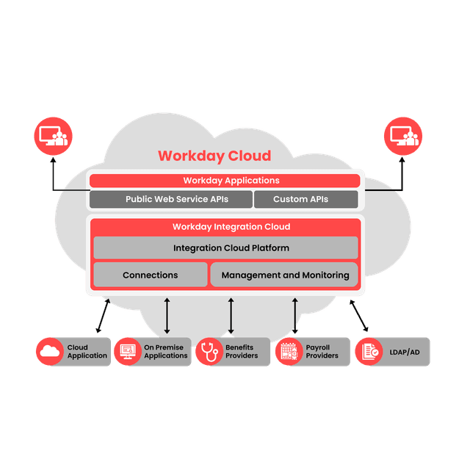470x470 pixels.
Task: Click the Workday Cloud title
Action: (x=214, y=156)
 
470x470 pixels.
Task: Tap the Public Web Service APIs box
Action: (x=170, y=199)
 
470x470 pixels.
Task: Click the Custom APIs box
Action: (x=305, y=199)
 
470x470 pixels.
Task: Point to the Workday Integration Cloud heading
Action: (x=231, y=227)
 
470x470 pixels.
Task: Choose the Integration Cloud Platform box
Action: (x=225, y=248)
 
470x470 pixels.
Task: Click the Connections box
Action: (x=150, y=275)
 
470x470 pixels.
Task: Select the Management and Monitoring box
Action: (x=285, y=275)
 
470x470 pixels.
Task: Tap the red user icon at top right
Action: (x=403, y=137)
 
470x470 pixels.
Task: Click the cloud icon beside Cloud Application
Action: (x=50, y=352)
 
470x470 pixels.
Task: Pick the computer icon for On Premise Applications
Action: (x=127, y=352)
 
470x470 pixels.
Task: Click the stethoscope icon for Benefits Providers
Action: (x=209, y=352)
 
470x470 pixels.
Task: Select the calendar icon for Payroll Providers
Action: (x=289, y=352)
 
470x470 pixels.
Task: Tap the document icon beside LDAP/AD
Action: (x=369, y=352)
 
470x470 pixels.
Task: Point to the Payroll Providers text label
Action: (x=322, y=352)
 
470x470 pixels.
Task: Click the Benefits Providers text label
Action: (x=242, y=352)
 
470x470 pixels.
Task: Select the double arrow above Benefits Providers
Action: (x=231, y=315)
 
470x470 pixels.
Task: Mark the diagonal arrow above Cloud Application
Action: (x=102, y=316)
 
